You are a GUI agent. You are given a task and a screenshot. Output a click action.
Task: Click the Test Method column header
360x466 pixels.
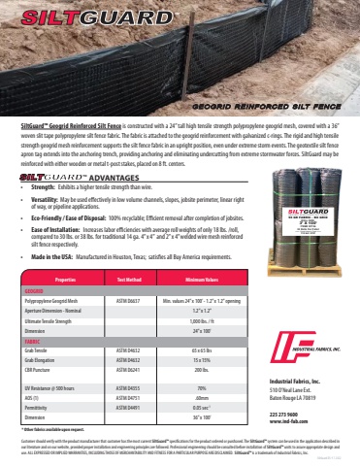pos(131,279)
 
